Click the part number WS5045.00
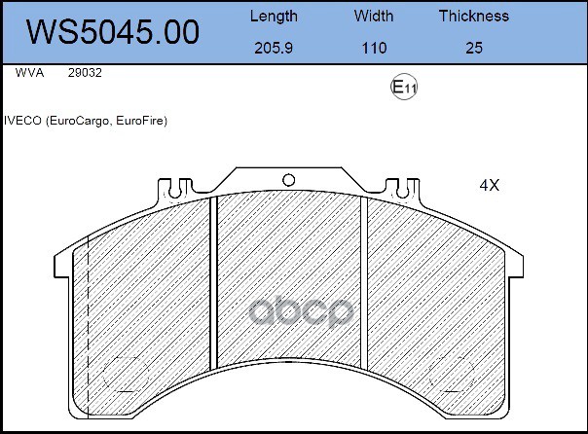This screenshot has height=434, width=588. pos(113,32)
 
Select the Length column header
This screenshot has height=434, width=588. pos(274,17)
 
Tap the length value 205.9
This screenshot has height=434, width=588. pos(274,48)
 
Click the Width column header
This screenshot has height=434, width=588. pos(374,17)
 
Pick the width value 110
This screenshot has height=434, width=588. pos(374,48)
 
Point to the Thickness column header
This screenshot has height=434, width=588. pos(474,17)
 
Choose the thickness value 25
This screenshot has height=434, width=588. pos(474,48)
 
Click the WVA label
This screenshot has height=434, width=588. pos(29,73)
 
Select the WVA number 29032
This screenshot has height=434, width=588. pos(85,73)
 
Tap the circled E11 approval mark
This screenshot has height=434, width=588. pos(403,87)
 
